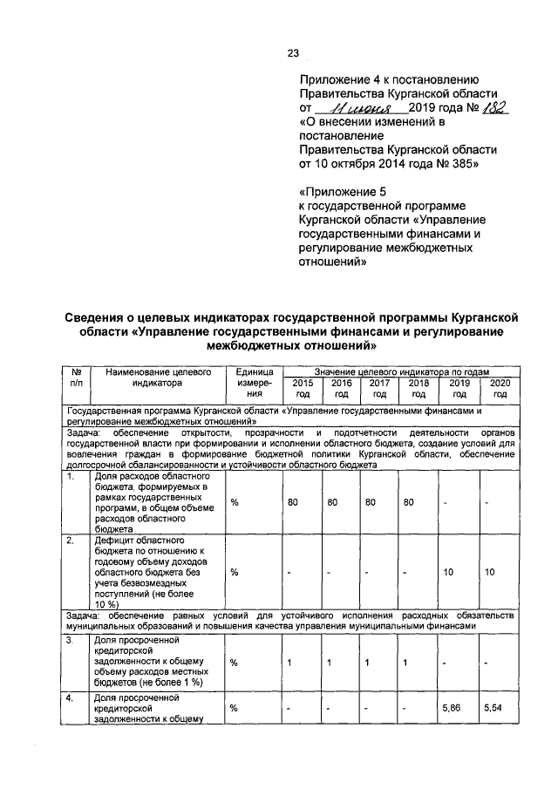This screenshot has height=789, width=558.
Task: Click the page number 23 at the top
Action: [293, 52]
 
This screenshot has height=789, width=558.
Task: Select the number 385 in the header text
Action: [463, 163]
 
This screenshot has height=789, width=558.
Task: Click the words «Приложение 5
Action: [341, 192]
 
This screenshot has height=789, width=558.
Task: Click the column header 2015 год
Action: [303, 388]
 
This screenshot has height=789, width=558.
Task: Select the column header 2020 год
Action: [500, 388]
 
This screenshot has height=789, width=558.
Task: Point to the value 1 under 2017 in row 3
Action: [369, 664]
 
